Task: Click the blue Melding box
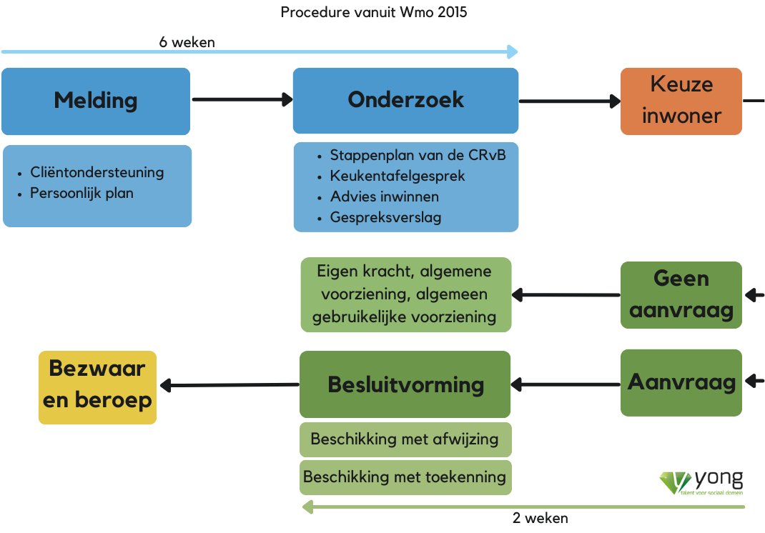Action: [x=96, y=101]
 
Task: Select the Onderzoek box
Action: [x=405, y=100]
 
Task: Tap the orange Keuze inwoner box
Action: [x=681, y=101]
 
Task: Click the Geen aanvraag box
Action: [x=681, y=295]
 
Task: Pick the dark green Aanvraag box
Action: [x=681, y=382]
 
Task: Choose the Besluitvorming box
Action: [x=405, y=384]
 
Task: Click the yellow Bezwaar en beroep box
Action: [x=97, y=387]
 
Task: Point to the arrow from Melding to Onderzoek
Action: [x=242, y=100]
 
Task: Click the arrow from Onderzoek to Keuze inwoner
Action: [x=569, y=101]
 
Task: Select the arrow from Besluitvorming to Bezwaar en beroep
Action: [x=229, y=386]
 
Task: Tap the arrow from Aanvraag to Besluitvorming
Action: [x=566, y=385]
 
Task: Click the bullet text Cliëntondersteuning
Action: [x=97, y=172]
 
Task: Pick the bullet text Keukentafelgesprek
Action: [x=398, y=176]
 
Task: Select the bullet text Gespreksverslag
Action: [x=385, y=217]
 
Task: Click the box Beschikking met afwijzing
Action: [x=405, y=439]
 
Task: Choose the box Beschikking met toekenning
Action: [x=405, y=477]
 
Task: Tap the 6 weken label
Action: [x=187, y=42]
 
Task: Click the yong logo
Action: [x=701, y=482]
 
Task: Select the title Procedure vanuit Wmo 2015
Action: [x=374, y=12]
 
